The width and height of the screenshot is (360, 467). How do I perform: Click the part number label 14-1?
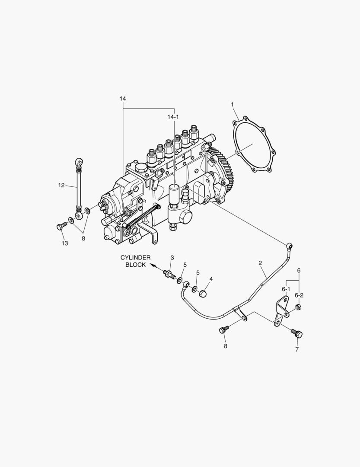[173, 117]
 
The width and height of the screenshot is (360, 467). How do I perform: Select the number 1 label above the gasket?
[232, 104]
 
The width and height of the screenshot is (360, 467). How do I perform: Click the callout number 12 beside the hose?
[61, 185]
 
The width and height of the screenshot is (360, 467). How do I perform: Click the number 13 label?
[64, 243]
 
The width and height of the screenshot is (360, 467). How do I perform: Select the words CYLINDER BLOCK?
[135, 261]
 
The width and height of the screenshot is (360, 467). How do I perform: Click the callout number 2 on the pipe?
[260, 262]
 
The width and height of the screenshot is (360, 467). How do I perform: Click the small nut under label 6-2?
[298, 307]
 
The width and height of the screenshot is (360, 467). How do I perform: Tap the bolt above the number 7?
[297, 333]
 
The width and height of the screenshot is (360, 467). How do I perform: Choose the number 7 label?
[297, 349]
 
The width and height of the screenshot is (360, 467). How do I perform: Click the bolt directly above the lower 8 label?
[223, 330]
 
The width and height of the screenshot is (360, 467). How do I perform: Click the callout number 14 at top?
[123, 99]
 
